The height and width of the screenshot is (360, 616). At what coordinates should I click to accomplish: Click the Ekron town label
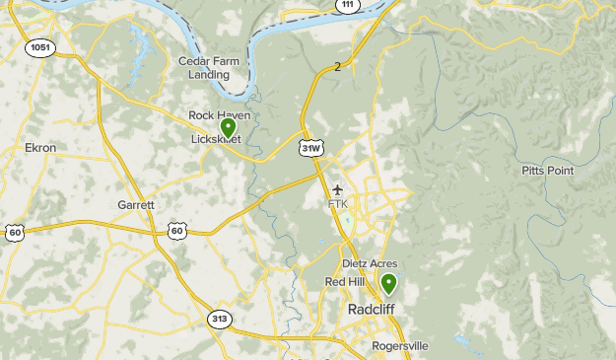[x=40, y=148]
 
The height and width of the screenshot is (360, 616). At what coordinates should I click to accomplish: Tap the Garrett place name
[x=136, y=205]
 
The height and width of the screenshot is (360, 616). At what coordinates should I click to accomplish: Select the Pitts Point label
[x=546, y=171]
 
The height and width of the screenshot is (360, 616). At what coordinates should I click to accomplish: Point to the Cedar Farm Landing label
[x=209, y=67]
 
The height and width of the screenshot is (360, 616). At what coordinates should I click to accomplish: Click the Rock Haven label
[x=220, y=115]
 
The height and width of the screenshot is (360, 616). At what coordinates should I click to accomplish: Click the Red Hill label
[x=345, y=282]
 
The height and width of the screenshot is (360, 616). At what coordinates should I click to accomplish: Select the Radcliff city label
[x=372, y=310]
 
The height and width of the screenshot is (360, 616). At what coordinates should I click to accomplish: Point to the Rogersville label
[x=400, y=346]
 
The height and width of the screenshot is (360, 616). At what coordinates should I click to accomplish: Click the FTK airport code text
[x=338, y=204]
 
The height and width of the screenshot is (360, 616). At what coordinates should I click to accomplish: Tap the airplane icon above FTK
[x=338, y=189]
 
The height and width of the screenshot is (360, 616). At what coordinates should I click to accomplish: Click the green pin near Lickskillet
[x=228, y=127]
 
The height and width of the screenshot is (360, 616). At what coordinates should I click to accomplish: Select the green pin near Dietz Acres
[x=389, y=284]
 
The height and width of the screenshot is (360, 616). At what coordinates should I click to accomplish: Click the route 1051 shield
[x=40, y=47]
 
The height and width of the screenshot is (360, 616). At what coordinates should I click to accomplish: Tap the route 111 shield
[x=346, y=5]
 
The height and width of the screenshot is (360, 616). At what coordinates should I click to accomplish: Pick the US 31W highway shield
[x=310, y=148]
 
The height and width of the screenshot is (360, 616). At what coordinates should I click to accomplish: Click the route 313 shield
[x=220, y=319]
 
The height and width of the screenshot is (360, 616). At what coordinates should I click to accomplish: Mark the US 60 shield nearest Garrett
[x=176, y=231]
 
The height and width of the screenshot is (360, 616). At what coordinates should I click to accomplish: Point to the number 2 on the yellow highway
[x=337, y=67]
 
